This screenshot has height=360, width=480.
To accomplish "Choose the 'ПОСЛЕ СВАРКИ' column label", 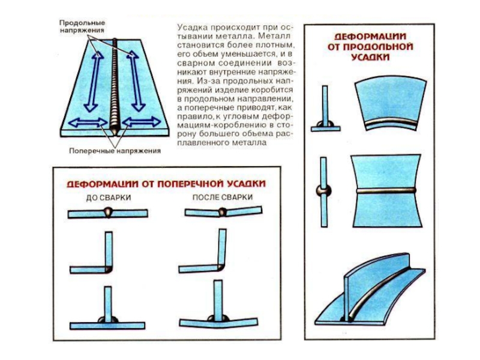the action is coord(223,197).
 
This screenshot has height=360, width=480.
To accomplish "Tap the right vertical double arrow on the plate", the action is coord(136,79).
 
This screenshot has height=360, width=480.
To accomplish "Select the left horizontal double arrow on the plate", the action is coord(85,122).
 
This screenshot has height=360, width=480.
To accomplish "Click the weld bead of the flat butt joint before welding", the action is coord(108,211).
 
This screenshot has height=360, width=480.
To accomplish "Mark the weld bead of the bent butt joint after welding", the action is coord(223,211).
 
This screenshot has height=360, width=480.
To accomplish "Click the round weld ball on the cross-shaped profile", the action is coord(323,191).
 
